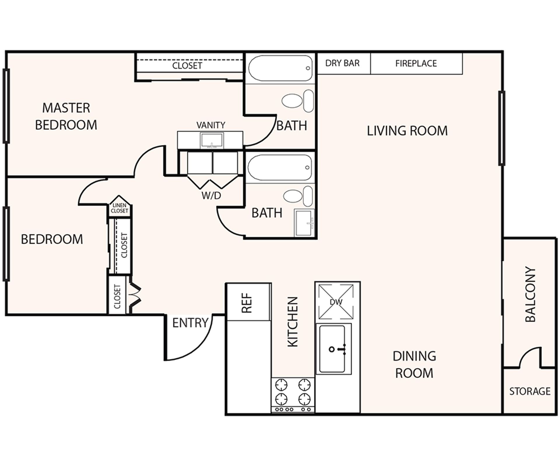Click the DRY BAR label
[342, 63]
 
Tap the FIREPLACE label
[416, 64]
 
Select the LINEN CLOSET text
[119, 208]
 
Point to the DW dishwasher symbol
[336, 302]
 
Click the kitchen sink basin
[332, 349]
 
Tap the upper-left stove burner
[281, 385]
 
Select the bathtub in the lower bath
[280, 168]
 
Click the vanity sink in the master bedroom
[212, 140]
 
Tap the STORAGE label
[530, 391]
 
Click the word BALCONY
[530, 294]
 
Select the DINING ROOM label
[414, 364]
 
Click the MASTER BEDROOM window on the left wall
[6, 106]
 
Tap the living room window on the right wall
[502, 128]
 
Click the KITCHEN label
[293, 322]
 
